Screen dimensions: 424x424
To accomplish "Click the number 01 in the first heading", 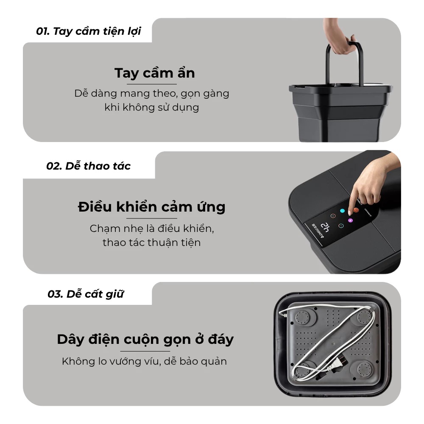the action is pyautogui.click(x=43, y=31).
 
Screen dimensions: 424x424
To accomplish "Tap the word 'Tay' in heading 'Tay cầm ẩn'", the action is pyautogui.click(x=126, y=73).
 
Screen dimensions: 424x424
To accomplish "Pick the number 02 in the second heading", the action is pyautogui.click(x=53, y=166).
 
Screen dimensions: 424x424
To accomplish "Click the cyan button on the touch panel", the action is pyautogui.click(x=343, y=211).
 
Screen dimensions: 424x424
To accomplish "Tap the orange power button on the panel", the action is pyautogui.click(x=356, y=210).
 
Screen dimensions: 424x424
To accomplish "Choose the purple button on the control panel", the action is pyautogui.click(x=350, y=220).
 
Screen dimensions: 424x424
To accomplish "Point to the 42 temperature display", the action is pyautogui.click(x=325, y=227).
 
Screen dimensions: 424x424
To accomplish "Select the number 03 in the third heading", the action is pyautogui.click(x=55, y=294).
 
